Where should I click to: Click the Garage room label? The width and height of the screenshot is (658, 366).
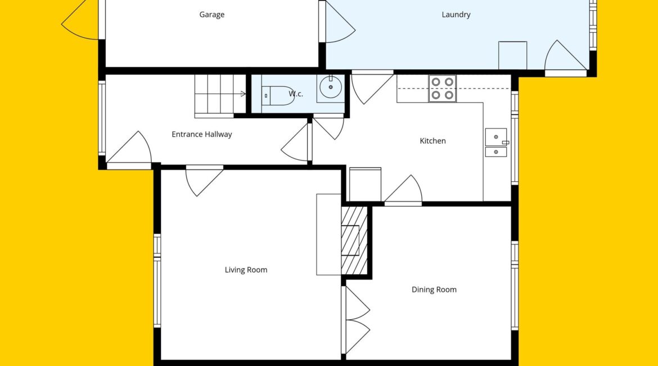click(211, 15)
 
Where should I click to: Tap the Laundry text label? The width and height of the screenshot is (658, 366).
click(456, 15)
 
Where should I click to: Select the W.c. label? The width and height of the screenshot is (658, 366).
click(295, 93)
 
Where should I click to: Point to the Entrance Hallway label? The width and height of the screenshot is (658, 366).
click(201, 135)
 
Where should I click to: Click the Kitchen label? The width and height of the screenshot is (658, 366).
click(432, 141)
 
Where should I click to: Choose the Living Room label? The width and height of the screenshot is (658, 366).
click(246, 270)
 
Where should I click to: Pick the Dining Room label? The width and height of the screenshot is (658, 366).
click(434, 289)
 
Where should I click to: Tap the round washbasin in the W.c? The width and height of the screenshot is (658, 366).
click(331, 87)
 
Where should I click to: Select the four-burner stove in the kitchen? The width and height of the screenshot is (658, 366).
click(442, 88)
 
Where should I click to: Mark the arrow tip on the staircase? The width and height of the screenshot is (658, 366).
click(246, 93)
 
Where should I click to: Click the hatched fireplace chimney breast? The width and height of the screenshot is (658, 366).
click(355, 240)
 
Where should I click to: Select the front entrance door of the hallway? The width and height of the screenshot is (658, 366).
click(129, 150)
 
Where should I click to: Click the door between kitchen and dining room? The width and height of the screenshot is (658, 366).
click(403, 190)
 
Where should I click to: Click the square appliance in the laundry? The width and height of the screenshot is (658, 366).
click(512, 55)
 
